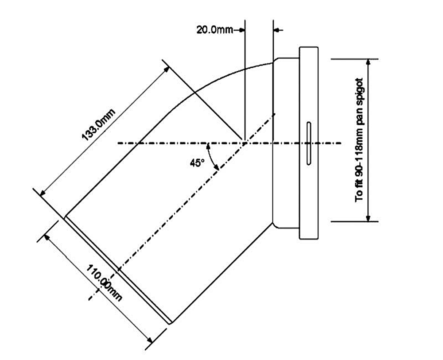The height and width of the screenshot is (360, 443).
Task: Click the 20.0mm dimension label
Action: pyautogui.click(x=214, y=30)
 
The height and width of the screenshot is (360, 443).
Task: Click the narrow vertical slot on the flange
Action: pyautogui.click(x=309, y=143)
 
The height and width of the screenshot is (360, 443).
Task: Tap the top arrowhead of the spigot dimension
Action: pyautogui.click(x=368, y=62)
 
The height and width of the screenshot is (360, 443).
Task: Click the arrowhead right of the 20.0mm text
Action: pyautogui.click(x=241, y=30)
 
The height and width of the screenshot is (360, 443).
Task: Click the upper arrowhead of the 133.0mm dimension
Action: pyautogui.click(x=166, y=69)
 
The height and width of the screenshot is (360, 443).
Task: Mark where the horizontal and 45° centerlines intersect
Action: pyautogui.click(x=243, y=143)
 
